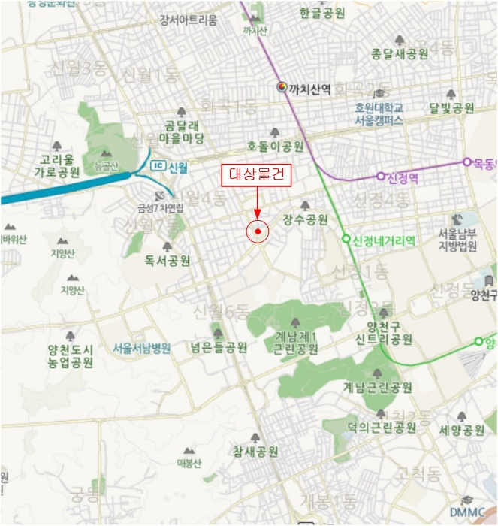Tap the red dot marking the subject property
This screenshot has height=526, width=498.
(258, 231)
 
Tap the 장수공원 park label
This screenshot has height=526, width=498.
(306, 219)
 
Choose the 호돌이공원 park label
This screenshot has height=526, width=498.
(276, 146)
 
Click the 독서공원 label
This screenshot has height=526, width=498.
(168, 261)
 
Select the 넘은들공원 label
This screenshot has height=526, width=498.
(219, 347)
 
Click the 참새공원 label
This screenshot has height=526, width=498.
(256, 452)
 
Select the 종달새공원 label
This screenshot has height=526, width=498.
(400, 53)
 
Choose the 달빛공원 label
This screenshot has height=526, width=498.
(451, 108)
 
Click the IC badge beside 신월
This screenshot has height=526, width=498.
(158, 165)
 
